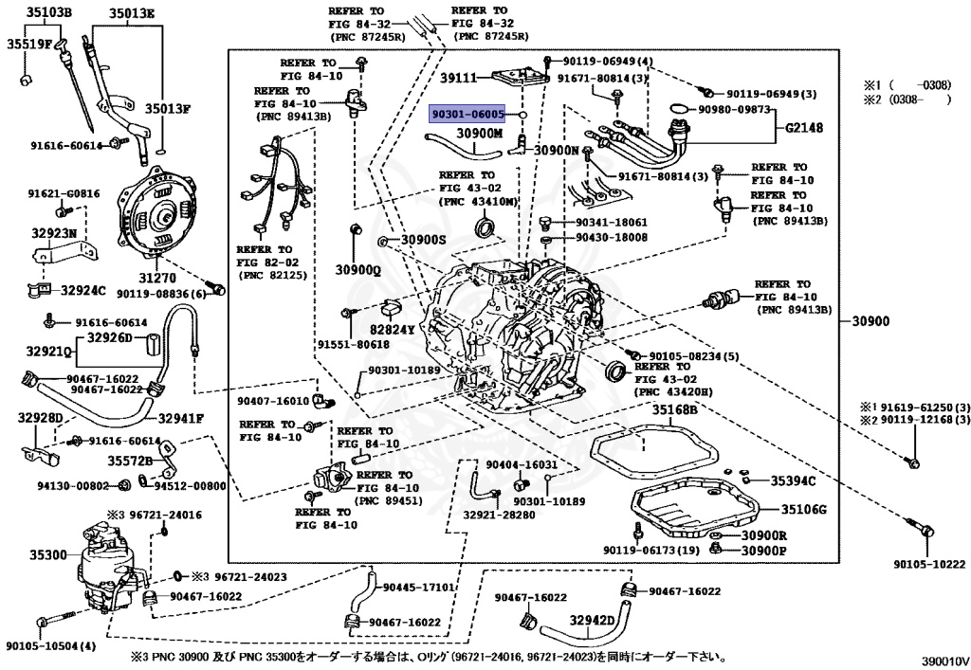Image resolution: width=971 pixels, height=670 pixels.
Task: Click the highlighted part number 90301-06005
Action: [468, 115]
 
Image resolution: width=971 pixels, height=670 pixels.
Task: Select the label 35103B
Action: [47, 12]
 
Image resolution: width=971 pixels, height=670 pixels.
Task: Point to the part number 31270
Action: [156, 279]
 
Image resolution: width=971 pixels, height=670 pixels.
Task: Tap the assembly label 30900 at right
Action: [870, 321]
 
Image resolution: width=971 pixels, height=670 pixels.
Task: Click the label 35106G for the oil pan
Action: [804, 509]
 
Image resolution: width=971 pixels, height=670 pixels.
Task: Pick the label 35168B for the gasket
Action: [674, 409]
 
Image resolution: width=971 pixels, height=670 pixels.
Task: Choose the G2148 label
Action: [804, 128]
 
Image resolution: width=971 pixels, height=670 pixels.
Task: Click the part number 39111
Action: [459, 78]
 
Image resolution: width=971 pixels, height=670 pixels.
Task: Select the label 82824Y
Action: [392, 330]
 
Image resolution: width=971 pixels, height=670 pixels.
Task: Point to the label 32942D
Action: [592, 621]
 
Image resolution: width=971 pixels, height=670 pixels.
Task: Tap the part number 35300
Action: [48, 555]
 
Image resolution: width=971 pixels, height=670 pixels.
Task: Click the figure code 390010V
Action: [944, 661]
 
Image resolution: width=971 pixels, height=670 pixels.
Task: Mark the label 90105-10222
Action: [929, 564]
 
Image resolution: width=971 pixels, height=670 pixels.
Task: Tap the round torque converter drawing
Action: [159, 211]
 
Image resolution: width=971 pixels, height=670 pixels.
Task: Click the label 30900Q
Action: [357, 270]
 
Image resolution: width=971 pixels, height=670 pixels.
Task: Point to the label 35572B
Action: [130, 461]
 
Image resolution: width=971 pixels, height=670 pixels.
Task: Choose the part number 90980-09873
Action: [735, 110]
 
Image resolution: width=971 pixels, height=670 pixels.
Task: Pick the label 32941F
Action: [181, 419]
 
